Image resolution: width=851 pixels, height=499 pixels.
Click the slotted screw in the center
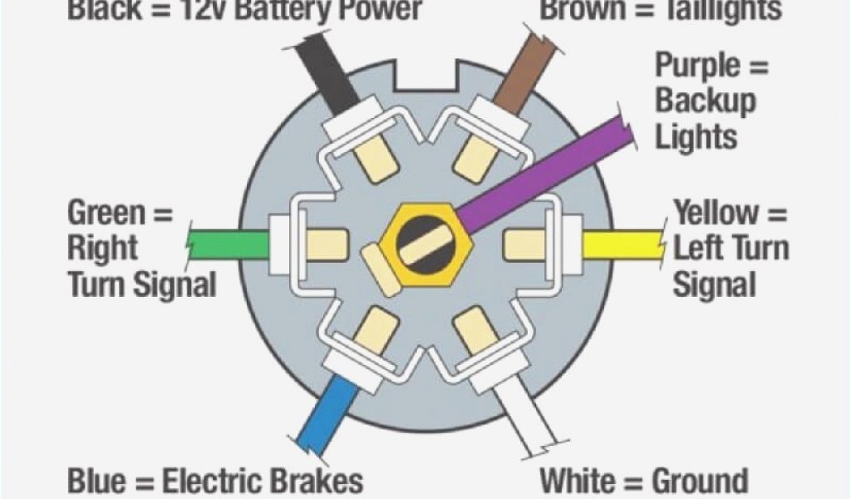click(x=425, y=244)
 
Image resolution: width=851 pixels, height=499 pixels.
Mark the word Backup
click(x=706, y=101)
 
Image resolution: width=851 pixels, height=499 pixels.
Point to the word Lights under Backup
click(x=696, y=137)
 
